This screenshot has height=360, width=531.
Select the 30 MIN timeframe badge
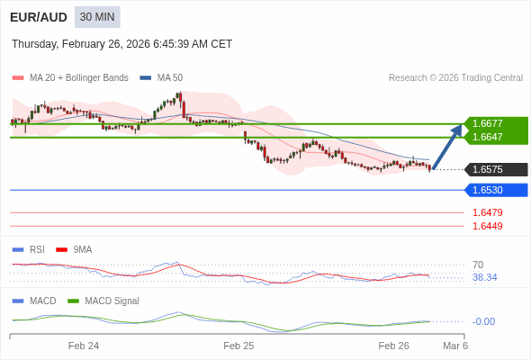(x=97, y=17)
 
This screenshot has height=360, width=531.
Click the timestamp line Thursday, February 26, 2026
(x=121, y=44)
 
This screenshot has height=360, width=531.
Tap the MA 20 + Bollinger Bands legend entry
(x=78, y=77)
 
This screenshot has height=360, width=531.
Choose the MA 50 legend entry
(x=169, y=77)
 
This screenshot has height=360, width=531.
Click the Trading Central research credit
(x=455, y=77)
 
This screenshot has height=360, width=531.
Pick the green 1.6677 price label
(x=494, y=123)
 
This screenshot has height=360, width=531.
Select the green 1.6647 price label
(x=494, y=137)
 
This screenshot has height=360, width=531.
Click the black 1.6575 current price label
(x=494, y=169)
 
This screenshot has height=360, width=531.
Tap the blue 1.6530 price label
(x=494, y=190)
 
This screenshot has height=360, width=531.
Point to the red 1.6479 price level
(x=487, y=212)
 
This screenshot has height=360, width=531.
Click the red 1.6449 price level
(x=487, y=226)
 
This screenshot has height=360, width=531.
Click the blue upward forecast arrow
(x=447, y=147)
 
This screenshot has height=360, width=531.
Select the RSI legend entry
(x=36, y=249)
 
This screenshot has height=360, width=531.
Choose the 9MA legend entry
(x=82, y=249)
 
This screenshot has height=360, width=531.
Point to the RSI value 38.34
(x=484, y=277)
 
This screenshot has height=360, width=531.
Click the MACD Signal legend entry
(x=112, y=301)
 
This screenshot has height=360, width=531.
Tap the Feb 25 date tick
(x=238, y=346)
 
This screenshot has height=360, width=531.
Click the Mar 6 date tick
(x=455, y=346)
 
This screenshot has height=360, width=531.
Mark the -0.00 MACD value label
(x=483, y=321)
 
